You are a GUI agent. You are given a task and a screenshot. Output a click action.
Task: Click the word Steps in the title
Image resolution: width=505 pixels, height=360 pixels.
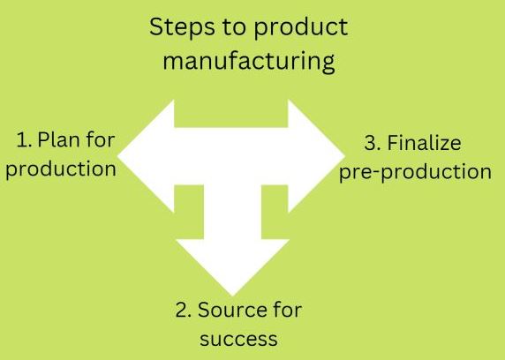pyautogui.click(x=182, y=26)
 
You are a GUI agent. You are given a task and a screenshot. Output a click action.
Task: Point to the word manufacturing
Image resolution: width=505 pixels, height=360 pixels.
pyautogui.click(x=249, y=61)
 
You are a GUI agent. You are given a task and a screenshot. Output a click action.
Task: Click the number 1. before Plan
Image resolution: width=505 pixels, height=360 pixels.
pyautogui.click(x=24, y=140)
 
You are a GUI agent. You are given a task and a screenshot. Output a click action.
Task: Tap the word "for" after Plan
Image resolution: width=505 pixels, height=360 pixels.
pyautogui.click(x=101, y=139)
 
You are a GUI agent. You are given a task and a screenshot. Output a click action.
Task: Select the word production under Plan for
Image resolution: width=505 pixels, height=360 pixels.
pyautogui.click(x=61, y=169)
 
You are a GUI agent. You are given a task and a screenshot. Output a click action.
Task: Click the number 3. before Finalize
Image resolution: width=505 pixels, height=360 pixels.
pyautogui.click(x=373, y=143)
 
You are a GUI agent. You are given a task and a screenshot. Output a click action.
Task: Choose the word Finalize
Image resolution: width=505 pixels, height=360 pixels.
pyautogui.click(x=424, y=142)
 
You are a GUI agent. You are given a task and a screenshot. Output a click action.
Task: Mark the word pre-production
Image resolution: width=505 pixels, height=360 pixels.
pyautogui.click(x=415, y=172)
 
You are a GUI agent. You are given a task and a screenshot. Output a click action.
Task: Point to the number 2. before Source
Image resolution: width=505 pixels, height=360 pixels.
pyautogui.click(x=184, y=310)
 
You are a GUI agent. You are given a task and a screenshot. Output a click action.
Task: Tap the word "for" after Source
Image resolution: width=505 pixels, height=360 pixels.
pyautogui.click(x=288, y=309)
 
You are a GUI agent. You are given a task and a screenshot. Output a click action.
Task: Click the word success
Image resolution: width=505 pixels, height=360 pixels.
pyautogui.click(x=238, y=339)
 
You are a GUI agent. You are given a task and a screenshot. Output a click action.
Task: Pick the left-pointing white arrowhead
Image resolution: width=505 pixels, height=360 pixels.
pyautogui.click(x=146, y=156)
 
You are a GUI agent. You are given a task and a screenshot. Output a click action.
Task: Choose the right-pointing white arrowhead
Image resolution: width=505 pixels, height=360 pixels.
pyautogui.click(x=316, y=156)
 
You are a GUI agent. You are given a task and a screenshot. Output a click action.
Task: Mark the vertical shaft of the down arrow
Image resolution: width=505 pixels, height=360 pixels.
pyautogui.click(x=232, y=212)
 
